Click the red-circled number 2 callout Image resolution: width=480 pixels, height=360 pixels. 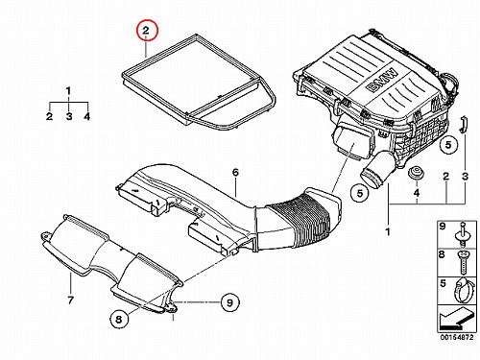click(x=147, y=31)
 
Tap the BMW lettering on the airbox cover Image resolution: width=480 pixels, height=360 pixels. click(x=383, y=81)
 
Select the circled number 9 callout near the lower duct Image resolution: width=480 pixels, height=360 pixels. click(x=229, y=302)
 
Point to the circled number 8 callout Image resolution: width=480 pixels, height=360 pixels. click(x=119, y=319)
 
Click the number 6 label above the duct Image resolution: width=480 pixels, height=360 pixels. click(x=235, y=173)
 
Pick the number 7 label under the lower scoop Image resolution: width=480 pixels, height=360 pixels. click(x=71, y=300)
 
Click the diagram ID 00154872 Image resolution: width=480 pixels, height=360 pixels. click(x=456, y=337)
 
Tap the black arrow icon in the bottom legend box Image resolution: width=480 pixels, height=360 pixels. click(x=453, y=319)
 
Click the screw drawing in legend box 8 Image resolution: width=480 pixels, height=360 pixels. click(x=463, y=262)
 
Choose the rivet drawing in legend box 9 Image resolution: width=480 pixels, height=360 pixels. click(x=462, y=234)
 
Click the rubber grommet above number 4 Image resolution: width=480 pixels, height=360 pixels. click(x=417, y=173)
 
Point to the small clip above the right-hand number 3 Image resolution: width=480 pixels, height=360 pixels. click(x=463, y=124)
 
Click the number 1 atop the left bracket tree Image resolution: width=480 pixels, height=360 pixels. click(x=68, y=91)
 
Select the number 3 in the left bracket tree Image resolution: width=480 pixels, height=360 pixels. click(x=69, y=116)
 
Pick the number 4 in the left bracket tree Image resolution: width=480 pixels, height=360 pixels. click(x=87, y=116)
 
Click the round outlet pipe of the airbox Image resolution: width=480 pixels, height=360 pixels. click(x=377, y=169)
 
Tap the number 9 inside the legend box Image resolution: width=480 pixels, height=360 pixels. click(x=443, y=227)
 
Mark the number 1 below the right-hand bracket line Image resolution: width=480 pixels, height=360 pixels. click(x=388, y=231)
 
